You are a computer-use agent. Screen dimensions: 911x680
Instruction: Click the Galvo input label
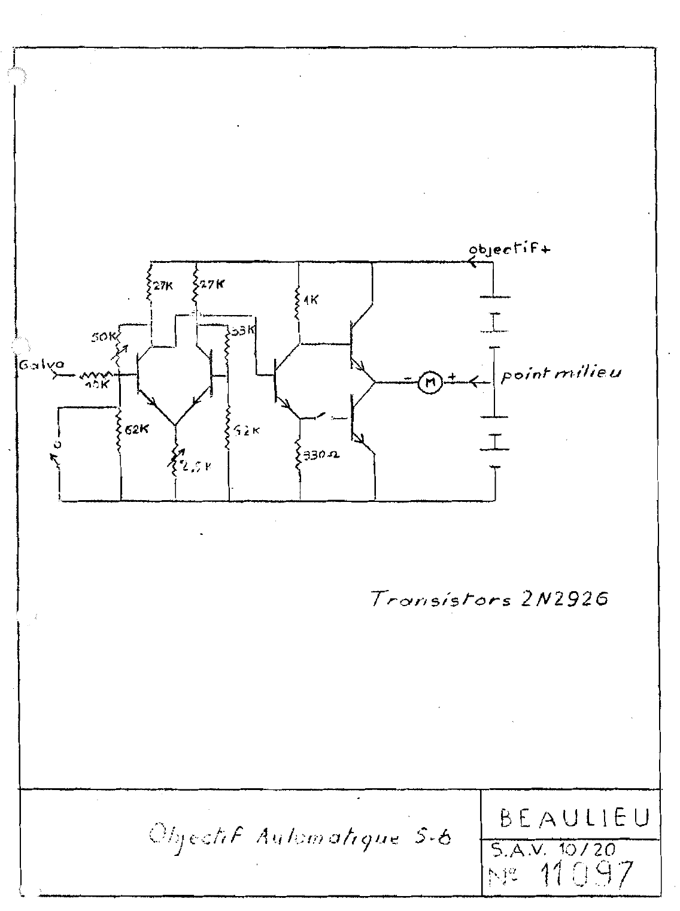click(35, 364)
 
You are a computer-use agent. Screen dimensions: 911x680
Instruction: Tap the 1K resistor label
click(311, 301)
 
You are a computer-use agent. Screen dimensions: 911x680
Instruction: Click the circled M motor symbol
click(429, 382)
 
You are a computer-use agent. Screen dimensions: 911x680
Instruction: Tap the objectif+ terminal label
click(510, 250)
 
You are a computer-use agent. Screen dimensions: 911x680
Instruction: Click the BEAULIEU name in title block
click(571, 818)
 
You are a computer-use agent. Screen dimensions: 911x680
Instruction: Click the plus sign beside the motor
click(453, 377)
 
